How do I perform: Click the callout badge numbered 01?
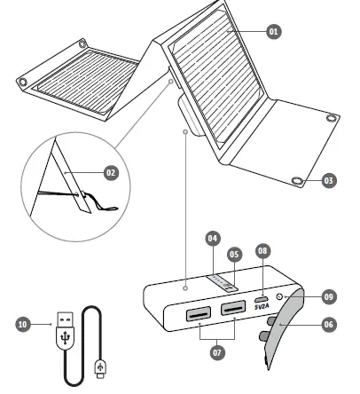pyautogui.click(x=273, y=30)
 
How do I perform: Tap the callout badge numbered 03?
pyautogui.click(x=329, y=180)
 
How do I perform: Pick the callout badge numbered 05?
pyautogui.click(x=235, y=253)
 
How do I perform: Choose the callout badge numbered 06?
pyautogui.click(x=329, y=325)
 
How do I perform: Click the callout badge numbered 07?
pyautogui.click(x=217, y=352)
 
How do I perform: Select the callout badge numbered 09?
pyautogui.click(x=329, y=298)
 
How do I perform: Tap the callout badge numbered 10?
pyautogui.click(x=22, y=325)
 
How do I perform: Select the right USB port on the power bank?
pyautogui.click(x=232, y=308)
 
